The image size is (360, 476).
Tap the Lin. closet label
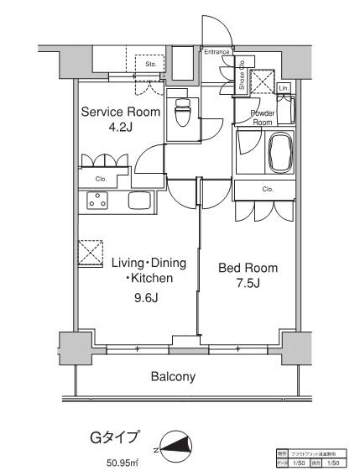pyautogui.click(x=283, y=88)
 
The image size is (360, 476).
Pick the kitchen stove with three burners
pyautogui.click(x=98, y=202)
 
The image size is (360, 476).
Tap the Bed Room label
pyautogui.click(x=248, y=268)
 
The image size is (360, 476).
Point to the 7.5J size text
pyautogui.click(x=248, y=284)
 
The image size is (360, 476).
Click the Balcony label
pyautogui.click(x=174, y=377)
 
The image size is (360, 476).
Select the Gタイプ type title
pyautogui.click(x=114, y=437)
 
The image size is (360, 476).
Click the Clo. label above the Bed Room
pyautogui.click(x=268, y=190)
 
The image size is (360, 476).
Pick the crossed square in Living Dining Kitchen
pyautogui.click(x=89, y=253)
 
